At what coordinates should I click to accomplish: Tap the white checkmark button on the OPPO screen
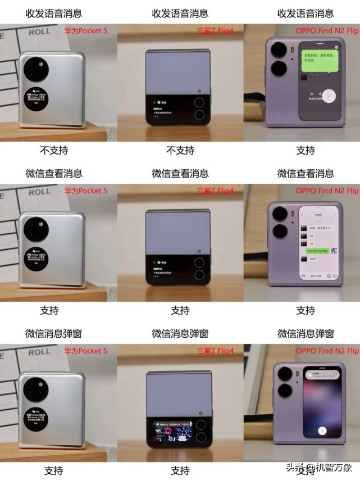click(x=331, y=96)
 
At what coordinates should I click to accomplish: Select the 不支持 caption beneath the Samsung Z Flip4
click(x=180, y=150)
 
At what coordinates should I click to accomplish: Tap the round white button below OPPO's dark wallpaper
click(x=322, y=431)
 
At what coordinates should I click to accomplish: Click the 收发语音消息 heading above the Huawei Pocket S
click(x=53, y=13)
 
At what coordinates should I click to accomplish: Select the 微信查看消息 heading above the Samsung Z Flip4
click(x=180, y=173)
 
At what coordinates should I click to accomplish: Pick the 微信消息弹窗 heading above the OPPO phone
click(x=306, y=333)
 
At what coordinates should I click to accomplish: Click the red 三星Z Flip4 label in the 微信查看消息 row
click(x=215, y=191)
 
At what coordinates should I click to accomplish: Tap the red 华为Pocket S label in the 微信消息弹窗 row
click(x=85, y=351)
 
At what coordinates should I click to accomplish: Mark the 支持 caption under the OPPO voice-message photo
click(x=306, y=150)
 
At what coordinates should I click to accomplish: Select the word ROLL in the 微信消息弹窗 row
click(x=39, y=352)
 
